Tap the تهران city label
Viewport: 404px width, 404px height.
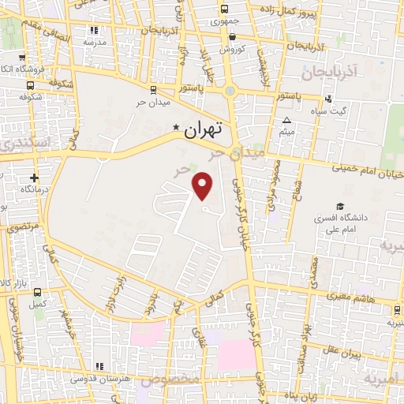click(x=204, y=129)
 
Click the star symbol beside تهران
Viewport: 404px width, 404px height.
click(x=176, y=126)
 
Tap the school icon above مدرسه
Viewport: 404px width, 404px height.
click(x=95, y=30)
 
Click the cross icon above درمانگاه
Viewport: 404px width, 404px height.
click(x=33, y=178)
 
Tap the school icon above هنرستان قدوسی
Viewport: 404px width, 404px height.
click(x=99, y=367)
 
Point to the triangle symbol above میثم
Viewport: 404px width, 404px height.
click(x=287, y=121)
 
